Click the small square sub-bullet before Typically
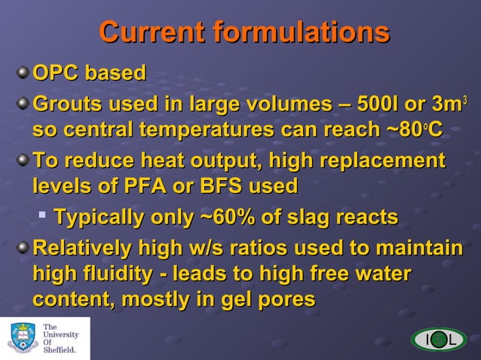44,218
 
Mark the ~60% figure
225,218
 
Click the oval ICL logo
439,340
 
